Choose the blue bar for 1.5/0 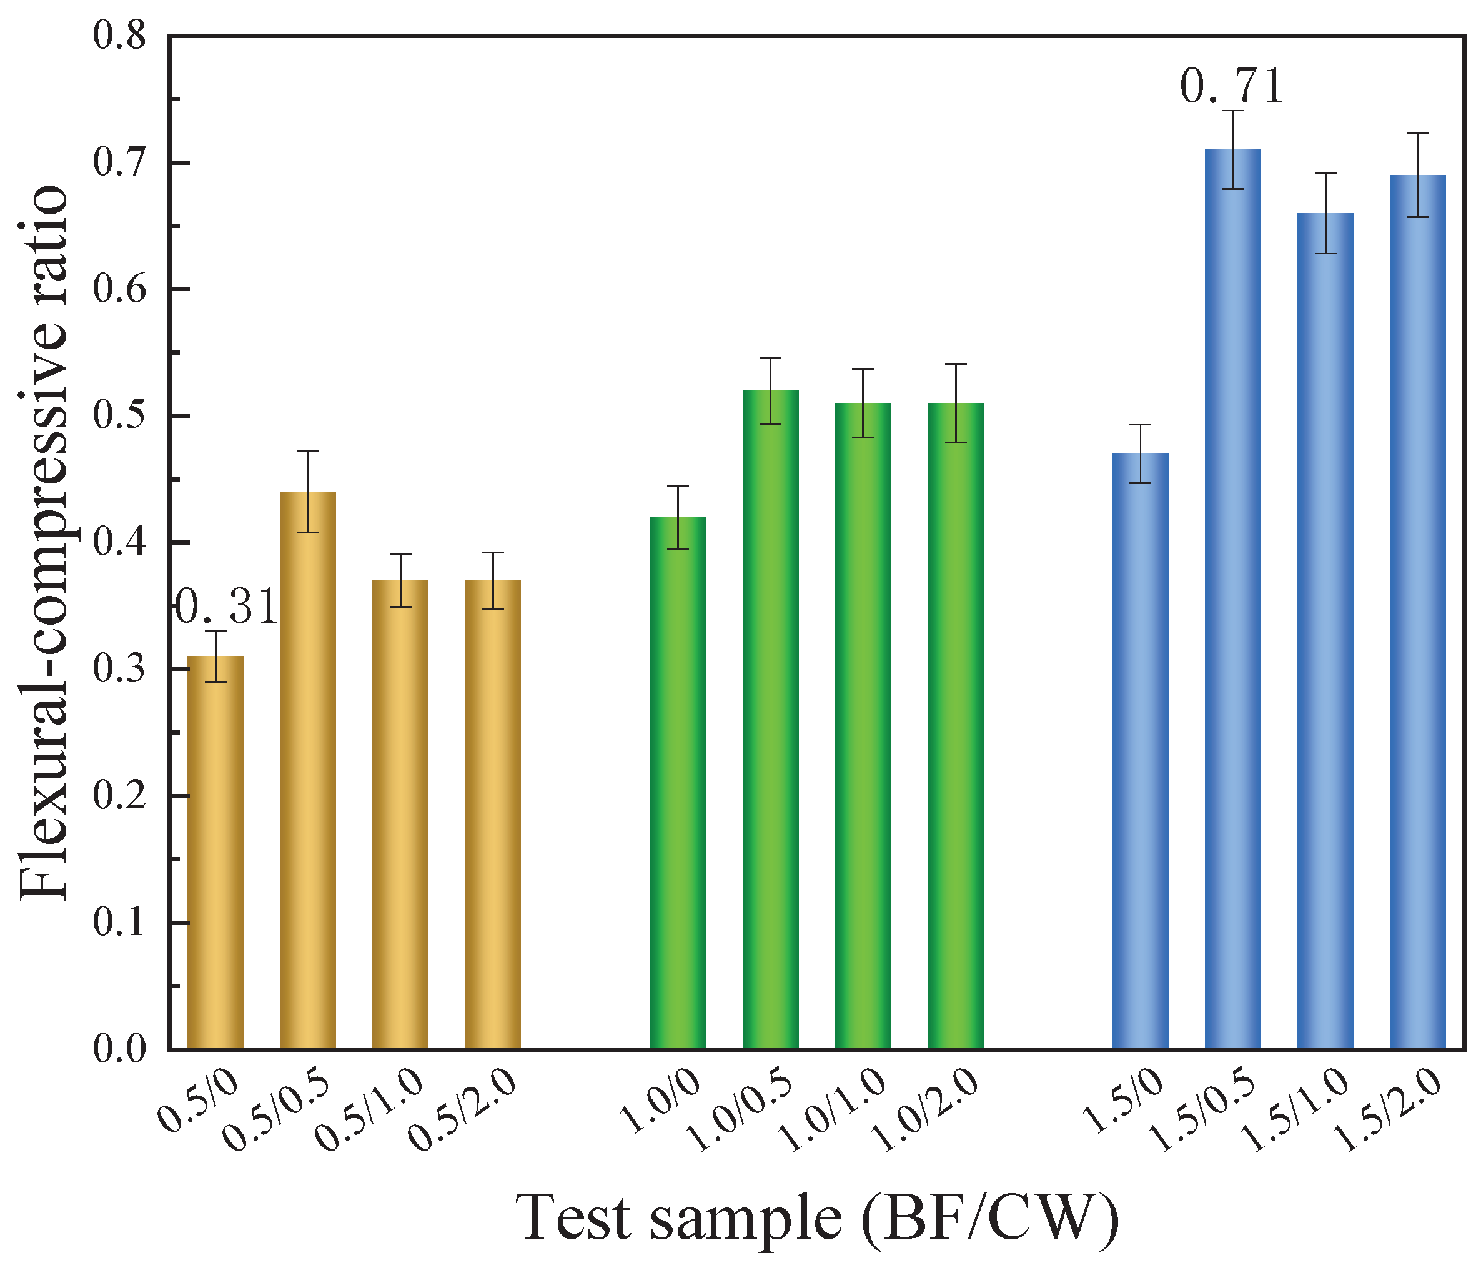click(x=1140, y=751)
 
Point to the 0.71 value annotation click(x=1231, y=87)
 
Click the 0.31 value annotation click(x=225, y=608)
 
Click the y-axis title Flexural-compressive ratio click(x=44, y=543)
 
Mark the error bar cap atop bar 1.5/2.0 click(x=1417, y=134)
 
